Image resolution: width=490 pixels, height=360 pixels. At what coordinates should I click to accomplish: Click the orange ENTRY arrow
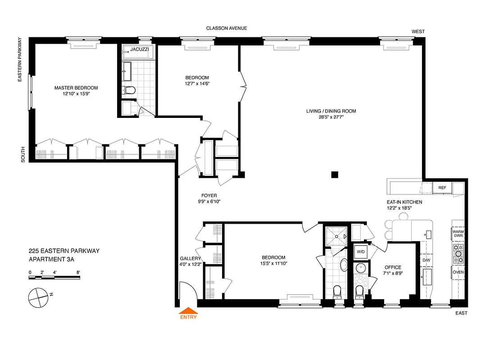pos(188,310)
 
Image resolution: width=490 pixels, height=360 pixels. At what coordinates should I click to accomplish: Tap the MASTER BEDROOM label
pos(76,88)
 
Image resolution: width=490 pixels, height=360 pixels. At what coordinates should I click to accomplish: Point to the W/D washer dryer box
pos(361,252)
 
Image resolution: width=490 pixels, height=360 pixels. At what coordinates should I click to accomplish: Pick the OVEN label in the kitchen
pos(458,272)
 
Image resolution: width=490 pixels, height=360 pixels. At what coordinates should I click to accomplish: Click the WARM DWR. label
pos(458,234)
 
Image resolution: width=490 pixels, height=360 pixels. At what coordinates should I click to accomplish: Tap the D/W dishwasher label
pos(426,260)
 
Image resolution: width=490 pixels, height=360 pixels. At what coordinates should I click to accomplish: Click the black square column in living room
pos(334,174)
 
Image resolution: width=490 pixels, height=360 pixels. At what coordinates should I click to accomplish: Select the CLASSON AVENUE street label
pos(227,28)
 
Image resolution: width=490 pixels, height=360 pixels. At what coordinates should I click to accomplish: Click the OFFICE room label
pos(392,267)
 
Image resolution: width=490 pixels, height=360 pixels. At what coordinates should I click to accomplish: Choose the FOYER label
pos(209,195)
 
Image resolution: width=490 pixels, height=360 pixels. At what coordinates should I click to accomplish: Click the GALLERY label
pos(190,258)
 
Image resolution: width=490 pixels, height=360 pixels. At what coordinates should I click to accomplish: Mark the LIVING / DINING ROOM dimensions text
pos(331,117)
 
